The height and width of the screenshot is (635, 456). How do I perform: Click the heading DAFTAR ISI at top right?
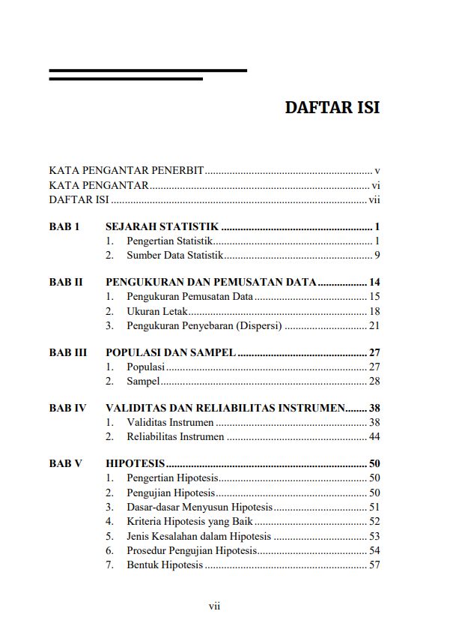(x=332, y=107)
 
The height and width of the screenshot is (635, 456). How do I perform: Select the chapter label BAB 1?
(x=64, y=226)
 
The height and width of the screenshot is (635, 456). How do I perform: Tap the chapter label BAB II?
(x=66, y=283)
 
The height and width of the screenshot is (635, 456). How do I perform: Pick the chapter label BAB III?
(x=68, y=352)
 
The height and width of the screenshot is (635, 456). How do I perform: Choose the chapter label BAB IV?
(x=68, y=409)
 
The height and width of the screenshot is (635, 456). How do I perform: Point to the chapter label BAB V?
(x=66, y=464)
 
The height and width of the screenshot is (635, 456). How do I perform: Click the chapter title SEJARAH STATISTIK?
(x=162, y=226)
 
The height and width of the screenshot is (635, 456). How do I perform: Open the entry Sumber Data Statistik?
(x=175, y=256)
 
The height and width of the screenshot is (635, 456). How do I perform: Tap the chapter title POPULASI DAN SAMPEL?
(x=171, y=352)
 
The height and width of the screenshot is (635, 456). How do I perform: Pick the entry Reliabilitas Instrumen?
(x=175, y=437)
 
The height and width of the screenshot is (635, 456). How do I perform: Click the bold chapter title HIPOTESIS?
(x=136, y=464)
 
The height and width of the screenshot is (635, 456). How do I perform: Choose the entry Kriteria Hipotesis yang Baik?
(x=189, y=521)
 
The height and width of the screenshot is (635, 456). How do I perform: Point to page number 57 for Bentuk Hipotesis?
(x=374, y=565)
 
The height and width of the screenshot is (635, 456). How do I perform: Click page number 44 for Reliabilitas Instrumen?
(x=374, y=437)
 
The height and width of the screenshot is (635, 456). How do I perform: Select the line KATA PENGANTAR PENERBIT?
(x=127, y=171)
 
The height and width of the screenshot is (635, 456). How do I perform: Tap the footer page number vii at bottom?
(x=214, y=606)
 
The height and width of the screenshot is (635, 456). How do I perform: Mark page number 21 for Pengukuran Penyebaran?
(x=374, y=325)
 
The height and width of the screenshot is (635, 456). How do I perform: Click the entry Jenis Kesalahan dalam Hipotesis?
(x=198, y=536)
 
